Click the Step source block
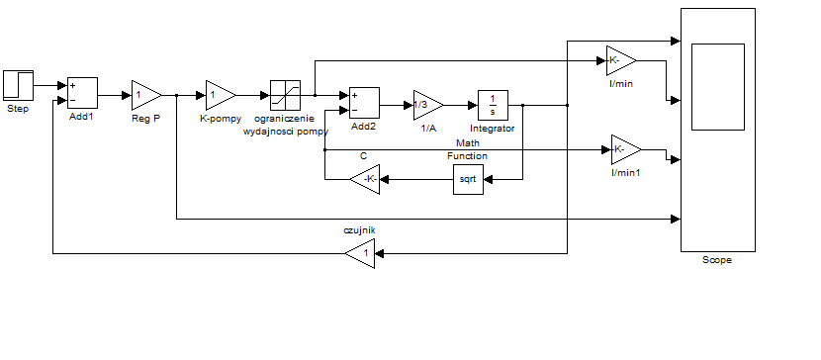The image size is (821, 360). coord(19,85)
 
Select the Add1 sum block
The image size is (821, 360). coord(82,93)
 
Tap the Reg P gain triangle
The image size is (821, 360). coord(146,95)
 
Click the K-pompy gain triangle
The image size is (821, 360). coord(221,95)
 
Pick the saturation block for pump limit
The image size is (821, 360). coord(285,95)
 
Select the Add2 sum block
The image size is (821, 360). coord(364,103)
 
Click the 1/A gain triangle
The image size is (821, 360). coord(428,105)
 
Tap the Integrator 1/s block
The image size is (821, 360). coord(493,105)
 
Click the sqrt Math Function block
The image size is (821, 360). coord(468,179)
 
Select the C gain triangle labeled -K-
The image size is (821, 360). coord(365,179)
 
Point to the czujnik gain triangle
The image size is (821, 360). coord(360,253)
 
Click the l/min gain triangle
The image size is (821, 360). coord(621,60)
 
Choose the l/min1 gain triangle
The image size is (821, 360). coord(626,149)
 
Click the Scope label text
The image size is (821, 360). coord(717,260)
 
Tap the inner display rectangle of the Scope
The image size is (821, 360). coord(718,87)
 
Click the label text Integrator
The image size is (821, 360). coord(493,129)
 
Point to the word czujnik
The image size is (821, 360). coord(359,229)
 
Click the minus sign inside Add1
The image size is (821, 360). coord(72,101)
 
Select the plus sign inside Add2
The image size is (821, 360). coord(354,95)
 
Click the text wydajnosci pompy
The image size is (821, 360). coord(285,131)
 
